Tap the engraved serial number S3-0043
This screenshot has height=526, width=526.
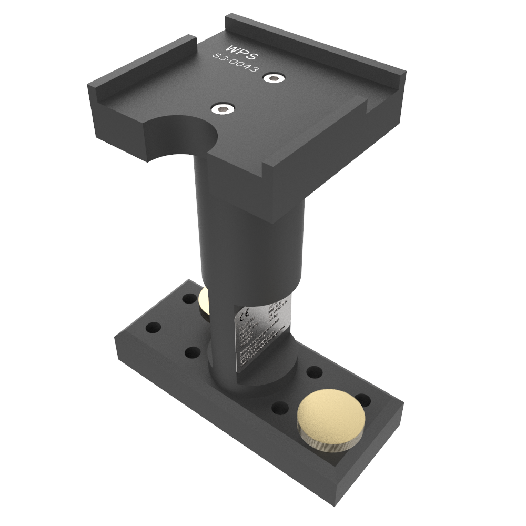tap(235, 65)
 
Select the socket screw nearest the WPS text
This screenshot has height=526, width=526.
tap(274, 78)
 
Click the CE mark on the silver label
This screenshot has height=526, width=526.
tap(240, 318)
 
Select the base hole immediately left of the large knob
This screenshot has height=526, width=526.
tap(281, 407)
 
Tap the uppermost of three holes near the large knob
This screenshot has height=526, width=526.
tap(314, 371)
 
